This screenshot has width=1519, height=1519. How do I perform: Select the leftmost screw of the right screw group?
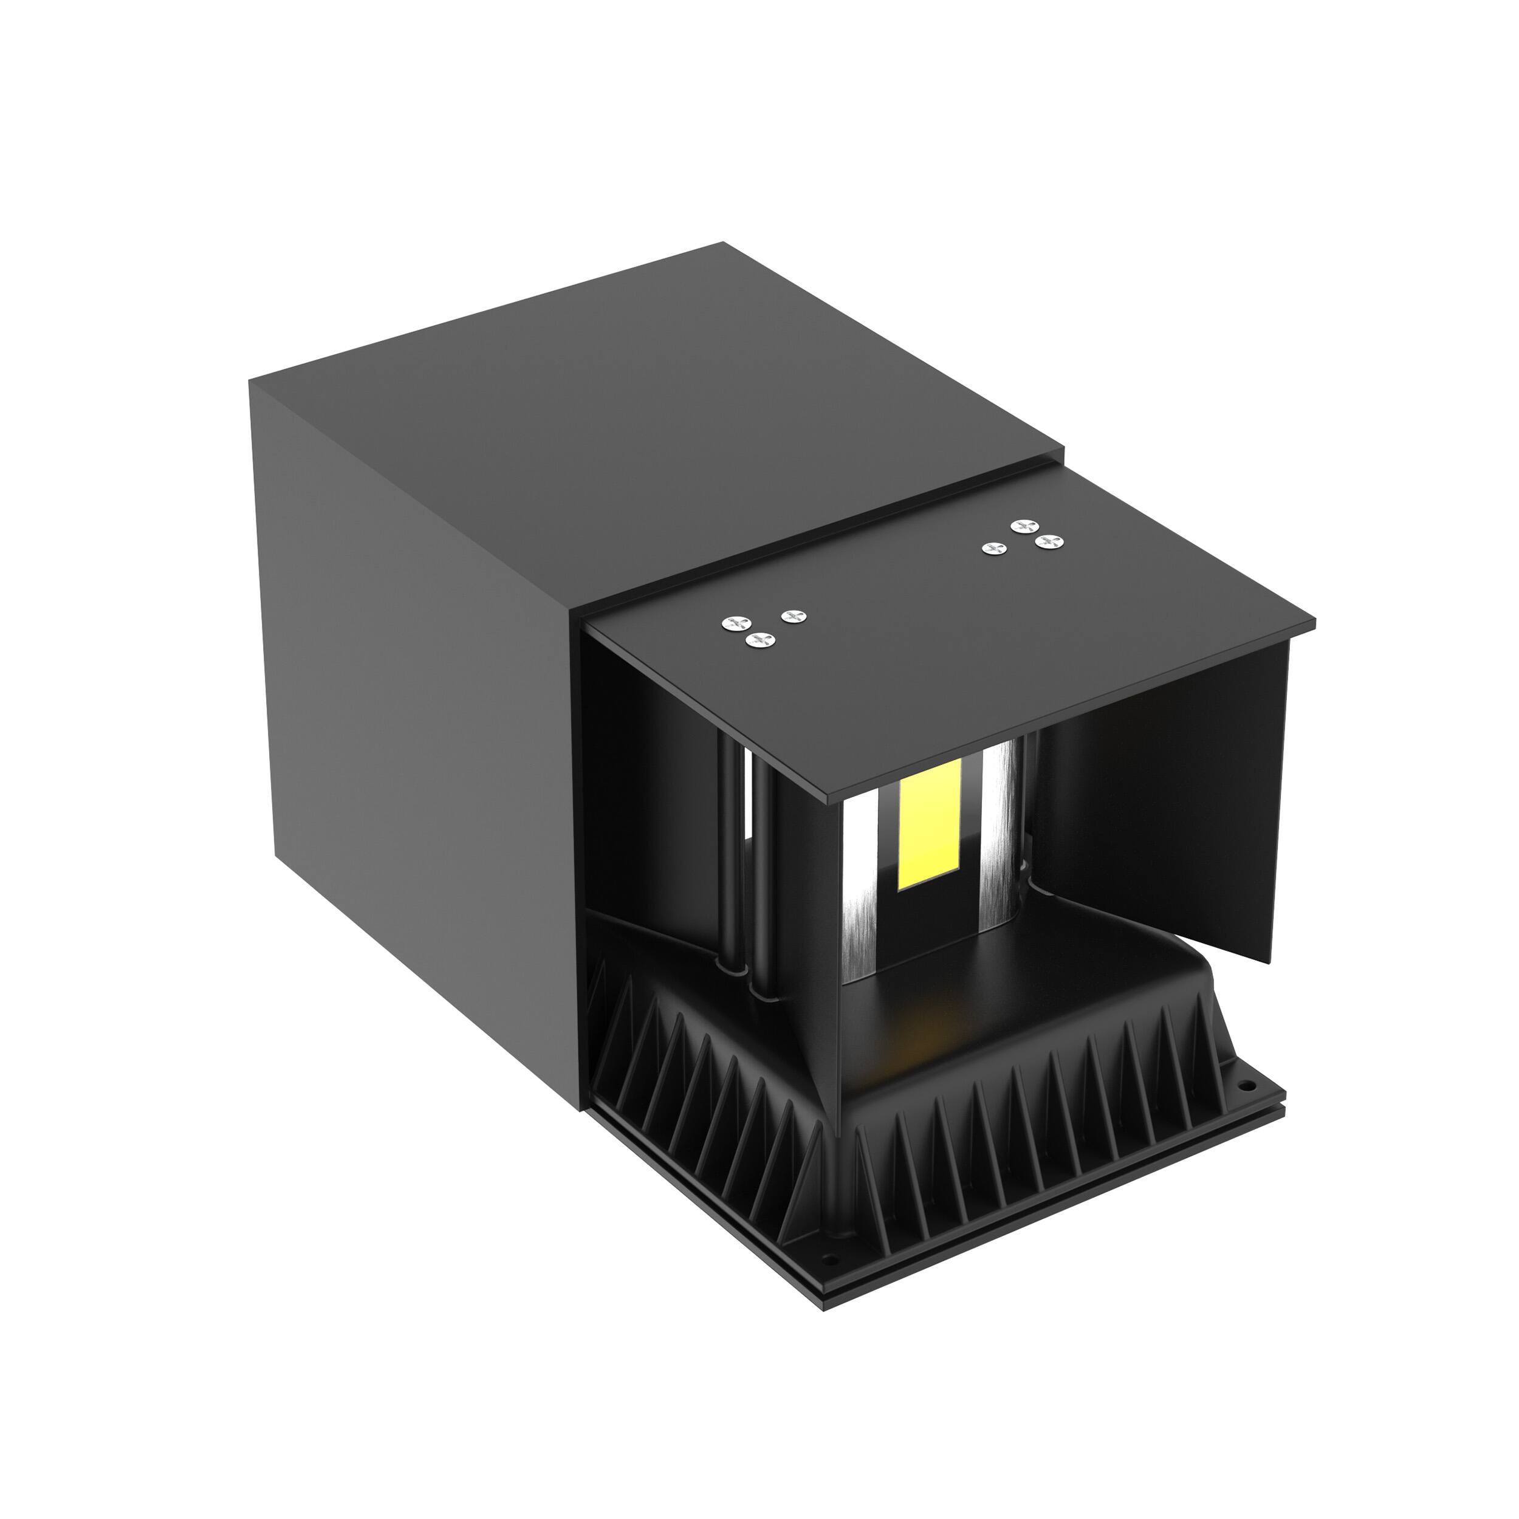click(x=995, y=549)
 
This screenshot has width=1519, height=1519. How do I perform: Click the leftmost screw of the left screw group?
click(x=736, y=623)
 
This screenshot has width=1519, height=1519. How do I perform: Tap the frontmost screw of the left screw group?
click(x=760, y=640)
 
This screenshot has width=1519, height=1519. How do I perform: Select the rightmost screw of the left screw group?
click(x=794, y=615)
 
